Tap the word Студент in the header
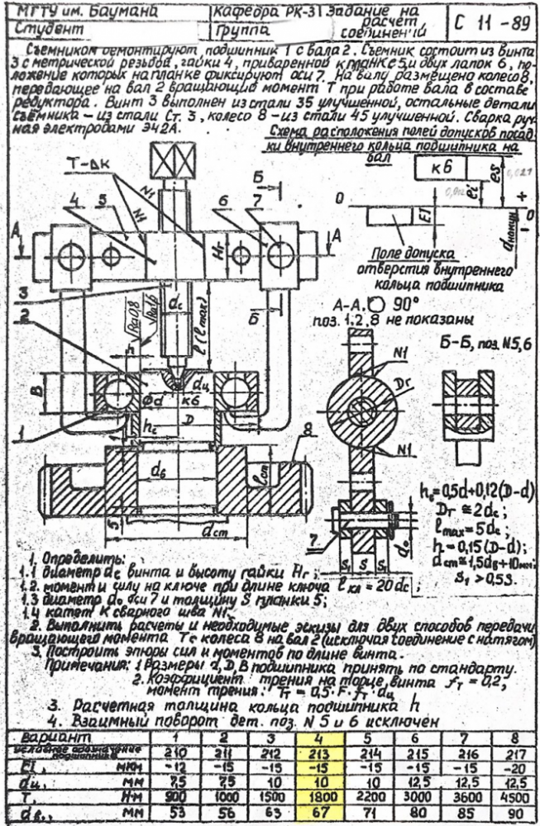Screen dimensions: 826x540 pyautogui.click(x=50, y=28)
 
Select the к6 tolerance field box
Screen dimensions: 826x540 pyautogui.click(x=440, y=168)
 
